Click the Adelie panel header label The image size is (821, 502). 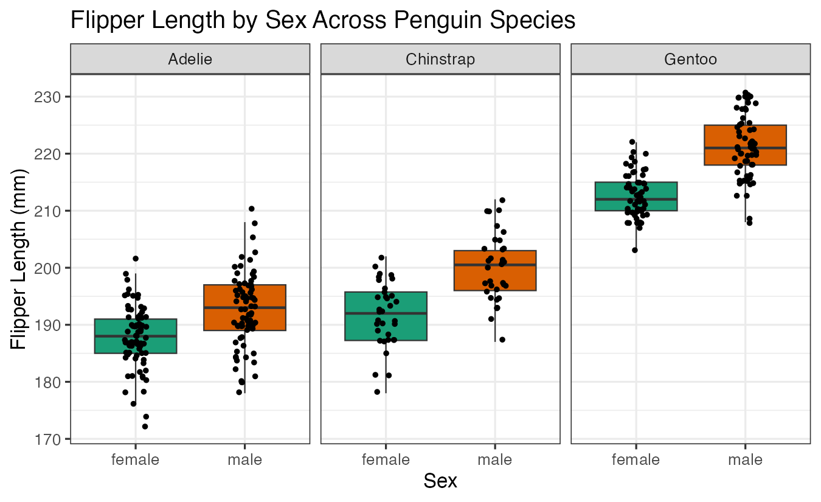(x=190, y=59)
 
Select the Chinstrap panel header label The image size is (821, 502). (x=440, y=59)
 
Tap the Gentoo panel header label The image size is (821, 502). (x=690, y=59)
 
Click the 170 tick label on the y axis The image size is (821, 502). (x=52, y=439)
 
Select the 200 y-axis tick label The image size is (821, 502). (x=52, y=268)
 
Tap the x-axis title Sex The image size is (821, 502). (x=440, y=481)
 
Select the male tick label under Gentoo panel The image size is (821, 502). (x=746, y=459)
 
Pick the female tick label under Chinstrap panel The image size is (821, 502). (x=386, y=459)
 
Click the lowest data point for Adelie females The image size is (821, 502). (x=145, y=427)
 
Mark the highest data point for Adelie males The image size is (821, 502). (x=251, y=209)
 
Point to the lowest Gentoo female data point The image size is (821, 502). (x=635, y=249)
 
